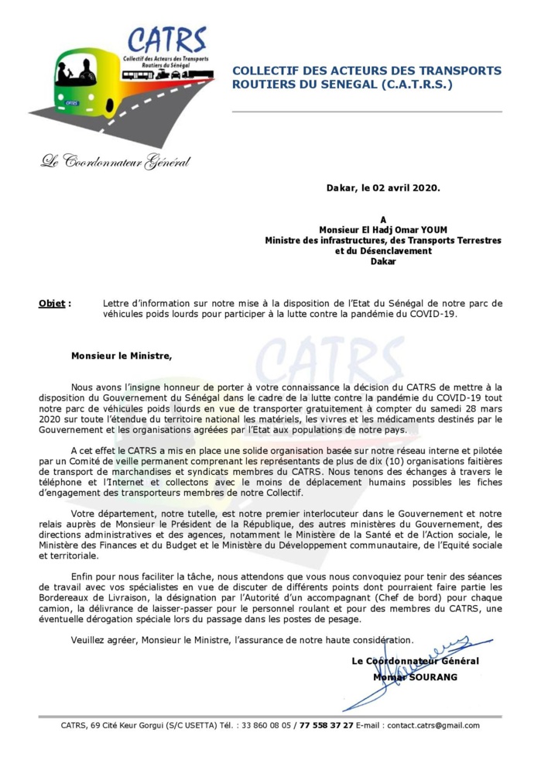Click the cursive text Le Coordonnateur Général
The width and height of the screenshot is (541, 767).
point(116,162)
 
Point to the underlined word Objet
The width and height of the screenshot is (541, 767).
point(52,304)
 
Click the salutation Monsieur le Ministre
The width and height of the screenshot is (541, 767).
point(121,356)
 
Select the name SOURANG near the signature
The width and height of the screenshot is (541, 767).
point(430,677)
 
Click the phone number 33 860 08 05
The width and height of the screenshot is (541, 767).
point(266,726)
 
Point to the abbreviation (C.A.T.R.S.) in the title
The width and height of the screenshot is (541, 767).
point(413,84)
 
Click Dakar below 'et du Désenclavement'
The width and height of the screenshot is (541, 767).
point(383,262)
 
